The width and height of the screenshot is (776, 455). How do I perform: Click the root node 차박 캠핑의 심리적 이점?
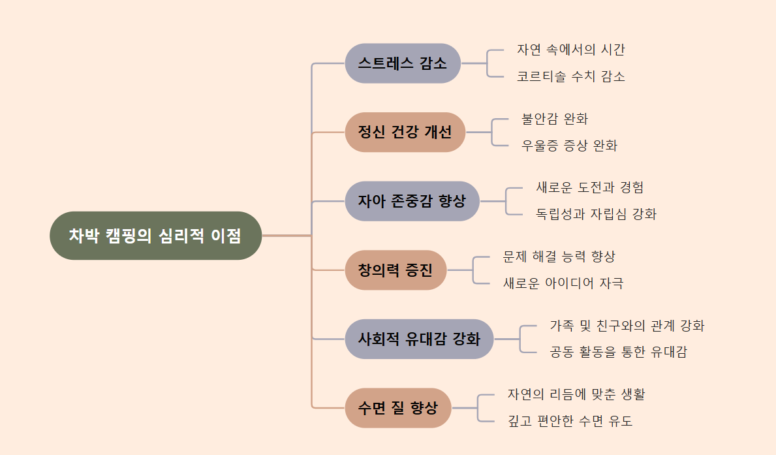click(155, 236)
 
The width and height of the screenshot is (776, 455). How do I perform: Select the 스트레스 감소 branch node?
click(403, 63)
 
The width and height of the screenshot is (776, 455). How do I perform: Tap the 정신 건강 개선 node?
click(405, 132)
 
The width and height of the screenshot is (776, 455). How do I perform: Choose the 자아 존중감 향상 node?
click(412, 201)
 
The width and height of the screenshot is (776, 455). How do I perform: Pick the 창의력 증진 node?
click(396, 270)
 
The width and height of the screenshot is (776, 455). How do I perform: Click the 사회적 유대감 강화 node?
click(419, 339)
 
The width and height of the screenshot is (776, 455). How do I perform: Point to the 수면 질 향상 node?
click(398, 408)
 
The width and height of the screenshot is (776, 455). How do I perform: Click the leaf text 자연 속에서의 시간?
click(571, 50)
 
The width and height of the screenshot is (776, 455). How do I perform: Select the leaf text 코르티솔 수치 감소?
click(571, 76)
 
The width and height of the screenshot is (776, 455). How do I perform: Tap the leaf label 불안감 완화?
click(555, 119)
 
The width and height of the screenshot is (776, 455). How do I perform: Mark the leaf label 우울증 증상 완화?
click(569, 146)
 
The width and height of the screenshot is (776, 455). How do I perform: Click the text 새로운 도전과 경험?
click(590, 187)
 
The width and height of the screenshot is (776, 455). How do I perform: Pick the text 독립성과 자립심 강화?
click(596, 214)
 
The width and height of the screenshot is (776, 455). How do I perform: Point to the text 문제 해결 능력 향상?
click(559, 257)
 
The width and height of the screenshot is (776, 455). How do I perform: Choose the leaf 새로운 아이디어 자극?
click(563, 283)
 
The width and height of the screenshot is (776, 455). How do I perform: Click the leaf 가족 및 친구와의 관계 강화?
click(627, 325)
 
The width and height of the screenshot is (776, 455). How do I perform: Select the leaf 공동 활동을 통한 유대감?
click(618, 353)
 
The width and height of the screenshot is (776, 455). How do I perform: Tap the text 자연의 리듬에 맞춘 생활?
click(576, 394)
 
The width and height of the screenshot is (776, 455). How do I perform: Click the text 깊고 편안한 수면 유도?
click(570, 421)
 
